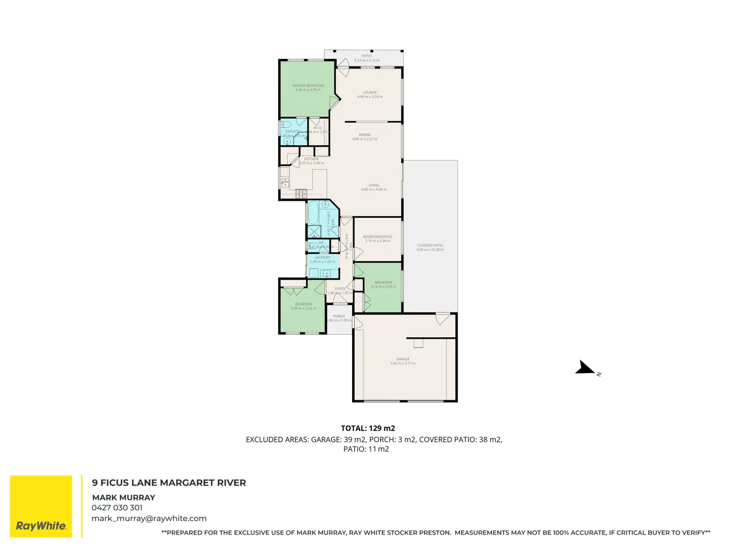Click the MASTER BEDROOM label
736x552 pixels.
click(308, 86)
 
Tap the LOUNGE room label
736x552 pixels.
click(370, 93)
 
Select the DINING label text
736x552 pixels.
click(364, 135)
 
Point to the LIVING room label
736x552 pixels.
click(374, 186)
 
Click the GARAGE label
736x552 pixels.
click(403, 359)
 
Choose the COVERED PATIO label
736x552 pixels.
click(430, 245)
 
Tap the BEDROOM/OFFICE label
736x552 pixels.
click(378, 237)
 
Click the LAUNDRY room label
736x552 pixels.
click(323, 258)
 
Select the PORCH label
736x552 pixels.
click(339, 316)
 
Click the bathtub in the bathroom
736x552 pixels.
click(313, 213)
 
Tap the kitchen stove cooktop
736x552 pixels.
click(301, 193)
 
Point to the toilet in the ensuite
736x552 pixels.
click(286, 124)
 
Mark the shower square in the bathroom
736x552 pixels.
click(314, 231)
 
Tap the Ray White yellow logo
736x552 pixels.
click(41, 507)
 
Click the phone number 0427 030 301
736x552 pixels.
click(117, 508)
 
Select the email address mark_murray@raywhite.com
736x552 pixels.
click(149, 518)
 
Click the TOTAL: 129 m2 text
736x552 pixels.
click(368, 428)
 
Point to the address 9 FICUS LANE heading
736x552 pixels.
click(169, 482)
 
